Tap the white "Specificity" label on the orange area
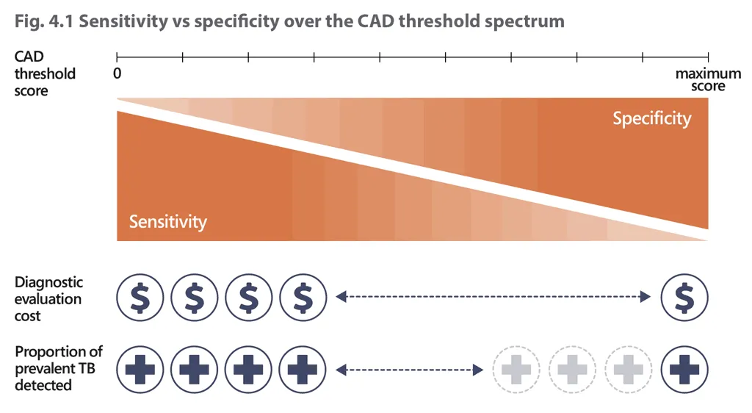click(651, 118)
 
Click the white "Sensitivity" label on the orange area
click(168, 221)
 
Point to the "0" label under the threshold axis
click(117, 73)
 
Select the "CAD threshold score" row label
click(45, 73)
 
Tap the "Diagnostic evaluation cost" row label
click(48, 299)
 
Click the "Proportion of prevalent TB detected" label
click(59, 367)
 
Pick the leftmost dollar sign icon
click(140, 297)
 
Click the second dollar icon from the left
click(194, 297)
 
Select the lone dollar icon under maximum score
click(684, 297)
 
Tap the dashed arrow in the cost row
click(493, 297)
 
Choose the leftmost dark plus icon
click(140, 368)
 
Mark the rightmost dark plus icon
click(684, 368)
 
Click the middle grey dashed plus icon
click(573, 368)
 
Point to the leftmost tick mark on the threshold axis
click(117, 56)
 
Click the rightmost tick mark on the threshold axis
click(708, 56)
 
